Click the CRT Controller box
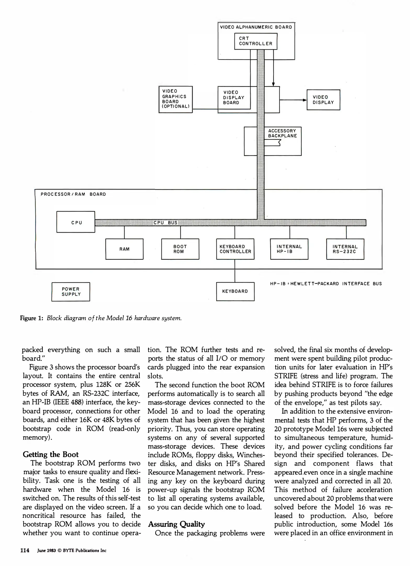click(x=256, y=41)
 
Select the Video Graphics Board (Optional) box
click(x=176, y=99)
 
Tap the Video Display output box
click(x=323, y=100)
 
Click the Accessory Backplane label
click(x=282, y=133)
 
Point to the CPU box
click(x=76, y=222)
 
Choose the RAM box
click(x=124, y=249)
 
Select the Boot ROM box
click(x=180, y=249)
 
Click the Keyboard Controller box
click(x=235, y=249)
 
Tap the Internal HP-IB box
click(x=289, y=249)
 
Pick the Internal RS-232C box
click(x=345, y=249)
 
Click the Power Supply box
click(x=71, y=292)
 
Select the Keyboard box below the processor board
click(x=235, y=291)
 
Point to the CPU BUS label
click(x=165, y=223)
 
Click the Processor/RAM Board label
click(x=73, y=194)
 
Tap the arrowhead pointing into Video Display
click(x=305, y=100)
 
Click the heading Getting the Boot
click(x=50, y=454)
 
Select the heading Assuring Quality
click(x=176, y=524)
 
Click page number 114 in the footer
click(x=25, y=550)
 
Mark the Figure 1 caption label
click(x=31, y=318)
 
